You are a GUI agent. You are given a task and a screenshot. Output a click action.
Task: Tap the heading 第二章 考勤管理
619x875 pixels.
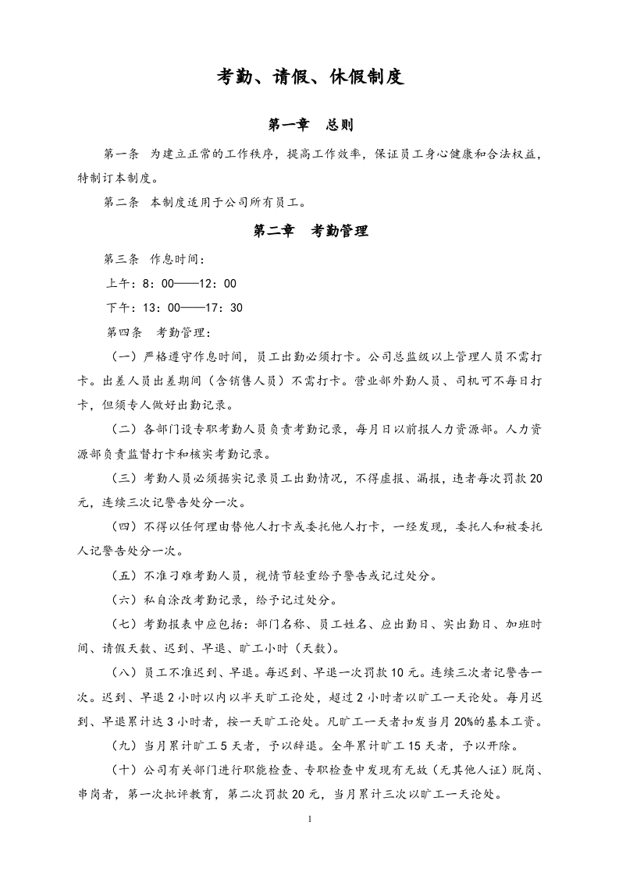(x=311, y=231)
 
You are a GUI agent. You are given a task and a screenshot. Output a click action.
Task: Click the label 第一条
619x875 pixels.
(x=121, y=154)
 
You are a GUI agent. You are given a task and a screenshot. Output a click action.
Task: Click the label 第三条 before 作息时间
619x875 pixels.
(x=121, y=259)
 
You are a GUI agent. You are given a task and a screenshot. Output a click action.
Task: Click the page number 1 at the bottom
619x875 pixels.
(x=310, y=820)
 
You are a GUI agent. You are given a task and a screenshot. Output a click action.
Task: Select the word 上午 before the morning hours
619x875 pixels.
(x=117, y=284)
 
